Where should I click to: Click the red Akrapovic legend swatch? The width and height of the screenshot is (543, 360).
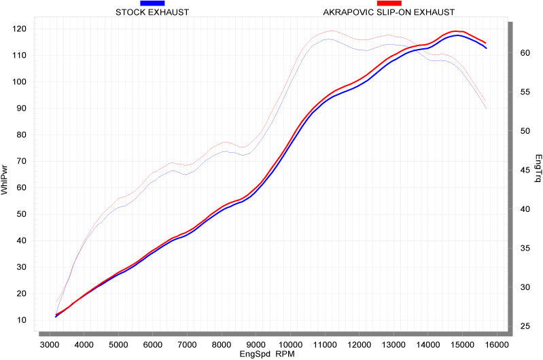click(x=389, y=3)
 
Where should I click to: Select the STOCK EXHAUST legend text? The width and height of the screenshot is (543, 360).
click(x=152, y=12)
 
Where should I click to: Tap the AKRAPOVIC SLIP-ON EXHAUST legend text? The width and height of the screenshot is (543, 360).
click(x=389, y=12)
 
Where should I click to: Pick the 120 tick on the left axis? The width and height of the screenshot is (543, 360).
click(x=22, y=29)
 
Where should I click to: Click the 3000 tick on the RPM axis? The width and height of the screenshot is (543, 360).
click(x=50, y=345)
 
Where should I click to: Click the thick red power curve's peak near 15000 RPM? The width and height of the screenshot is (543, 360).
click(x=457, y=31)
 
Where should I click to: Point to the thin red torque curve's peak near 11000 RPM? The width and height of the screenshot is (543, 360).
click(x=332, y=31)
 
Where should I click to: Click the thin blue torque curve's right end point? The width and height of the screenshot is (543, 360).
click(x=487, y=109)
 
